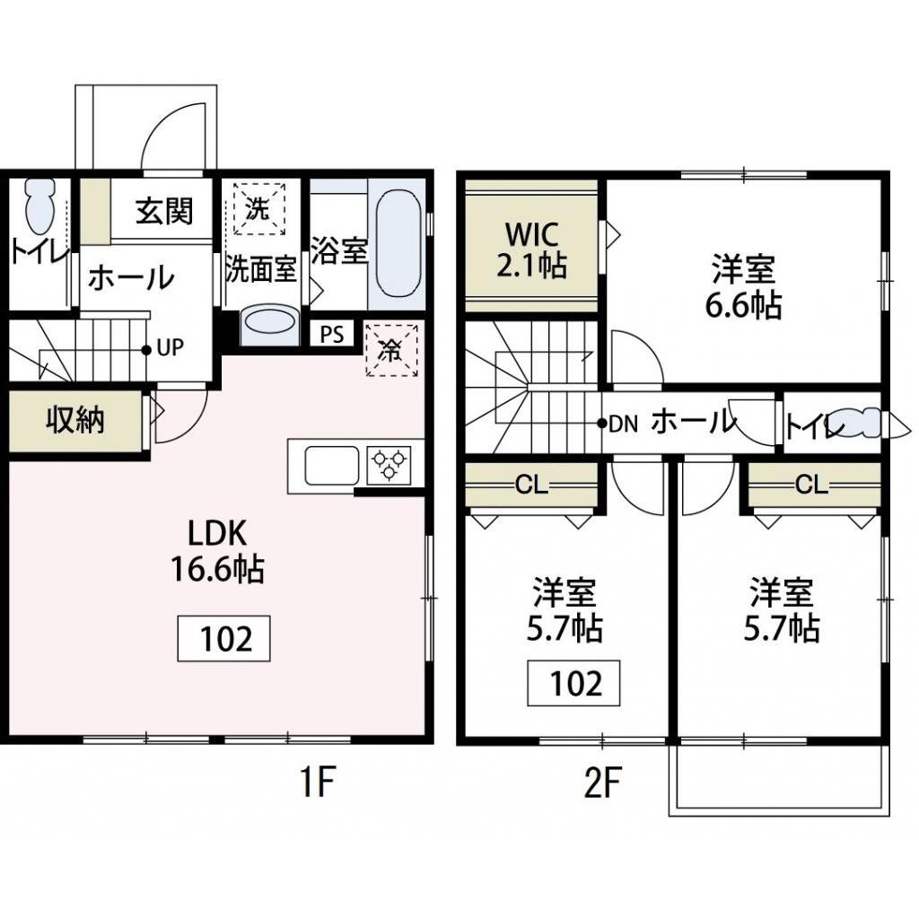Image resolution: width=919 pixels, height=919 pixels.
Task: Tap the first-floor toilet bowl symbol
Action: coord(39,208)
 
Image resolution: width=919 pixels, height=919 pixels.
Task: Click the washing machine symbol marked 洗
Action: coord(258,209)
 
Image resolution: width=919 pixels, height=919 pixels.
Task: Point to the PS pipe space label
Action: coord(332,336)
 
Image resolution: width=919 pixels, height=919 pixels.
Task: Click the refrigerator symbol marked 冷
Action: coord(392,349)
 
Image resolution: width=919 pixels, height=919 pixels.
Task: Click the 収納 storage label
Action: coord(75,420)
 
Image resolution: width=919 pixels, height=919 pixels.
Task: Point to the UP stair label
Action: coord(170,348)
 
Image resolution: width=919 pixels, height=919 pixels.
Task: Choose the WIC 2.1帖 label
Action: coord(533,249)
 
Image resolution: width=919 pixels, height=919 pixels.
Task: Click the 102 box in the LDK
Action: coord(224,639)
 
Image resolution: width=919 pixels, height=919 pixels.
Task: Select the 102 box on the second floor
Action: coord(574,684)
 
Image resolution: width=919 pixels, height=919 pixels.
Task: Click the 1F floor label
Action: coord(316,784)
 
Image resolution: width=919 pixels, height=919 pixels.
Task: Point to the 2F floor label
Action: coord(602,784)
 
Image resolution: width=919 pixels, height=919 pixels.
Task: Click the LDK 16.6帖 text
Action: coord(216,552)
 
